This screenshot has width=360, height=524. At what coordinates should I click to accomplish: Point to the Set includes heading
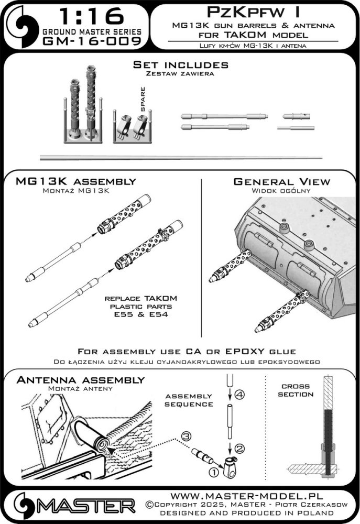(x=180, y=65)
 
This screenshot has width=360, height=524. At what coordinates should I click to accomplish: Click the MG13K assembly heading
(x=77, y=181)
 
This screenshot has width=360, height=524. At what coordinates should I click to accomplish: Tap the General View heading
(x=282, y=181)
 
